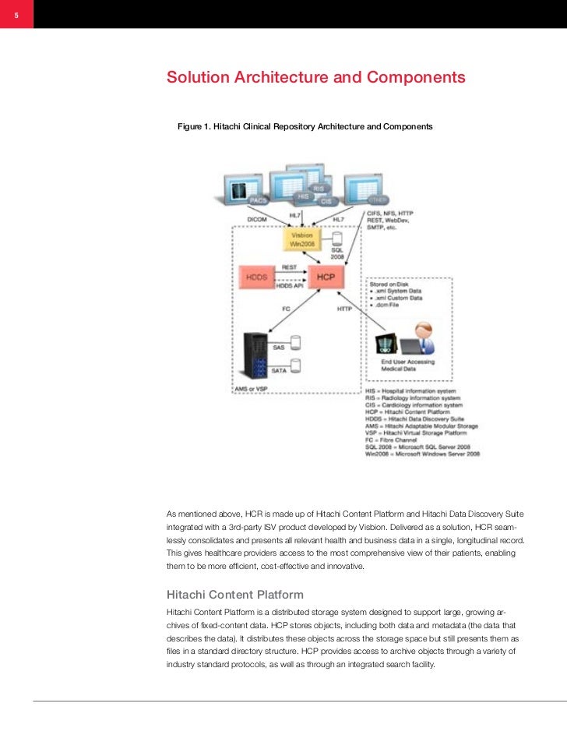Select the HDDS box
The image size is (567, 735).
(256, 277)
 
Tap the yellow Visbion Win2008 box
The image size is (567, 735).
(302, 239)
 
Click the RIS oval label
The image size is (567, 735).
(319, 189)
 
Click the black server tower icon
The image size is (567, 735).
(255, 355)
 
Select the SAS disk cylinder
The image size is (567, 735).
(296, 342)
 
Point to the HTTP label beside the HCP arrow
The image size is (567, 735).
(344, 309)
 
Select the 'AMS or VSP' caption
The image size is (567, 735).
(252, 387)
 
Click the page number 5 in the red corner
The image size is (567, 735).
(16, 15)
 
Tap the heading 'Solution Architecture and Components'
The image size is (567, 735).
(315, 78)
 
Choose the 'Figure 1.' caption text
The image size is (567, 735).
(305, 125)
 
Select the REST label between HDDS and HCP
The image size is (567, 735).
(289, 267)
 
